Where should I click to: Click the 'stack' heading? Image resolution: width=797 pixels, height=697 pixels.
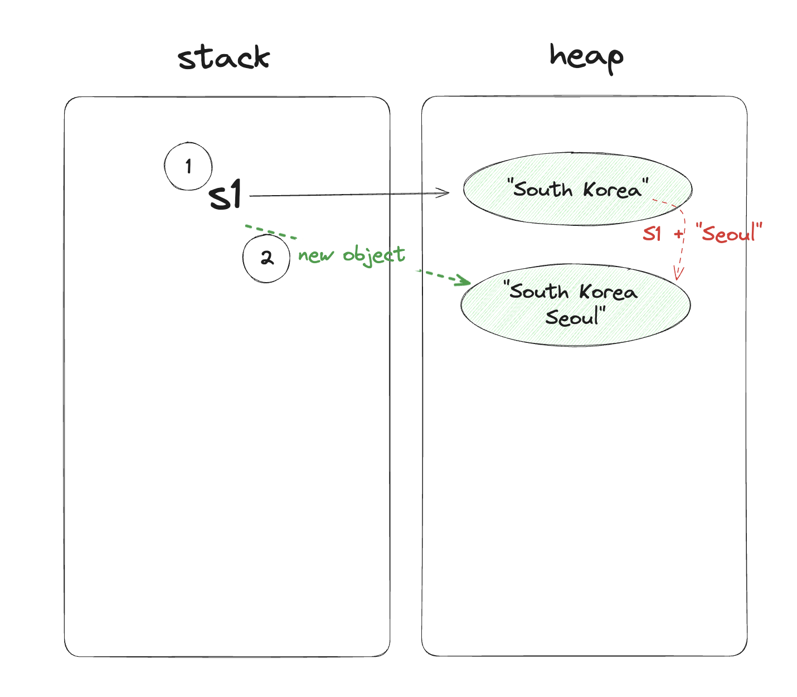pos(224,57)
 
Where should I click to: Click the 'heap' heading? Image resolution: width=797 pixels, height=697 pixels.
pos(586,57)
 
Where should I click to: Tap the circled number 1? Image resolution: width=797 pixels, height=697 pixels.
pos(188,166)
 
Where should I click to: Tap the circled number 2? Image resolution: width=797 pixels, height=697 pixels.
pos(266,258)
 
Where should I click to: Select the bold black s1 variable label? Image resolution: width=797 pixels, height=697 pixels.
pos(226,195)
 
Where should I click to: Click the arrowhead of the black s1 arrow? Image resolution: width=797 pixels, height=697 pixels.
pos(445,193)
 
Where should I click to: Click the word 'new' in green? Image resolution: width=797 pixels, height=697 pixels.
pos(315,256)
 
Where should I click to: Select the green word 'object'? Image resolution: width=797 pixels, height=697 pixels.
pos(373,255)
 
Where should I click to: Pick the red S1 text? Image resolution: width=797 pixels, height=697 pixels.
pos(652,233)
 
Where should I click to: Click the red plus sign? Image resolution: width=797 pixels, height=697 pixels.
pos(678,234)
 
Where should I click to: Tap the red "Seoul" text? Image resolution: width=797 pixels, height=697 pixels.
pos(729,233)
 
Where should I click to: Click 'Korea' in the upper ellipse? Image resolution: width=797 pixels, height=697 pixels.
pos(613,190)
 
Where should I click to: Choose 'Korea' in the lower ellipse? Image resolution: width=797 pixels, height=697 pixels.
pos(608,292)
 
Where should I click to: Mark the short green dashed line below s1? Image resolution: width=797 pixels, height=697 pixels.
pos(271,231)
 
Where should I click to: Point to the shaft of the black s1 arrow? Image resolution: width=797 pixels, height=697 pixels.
pos(346,195)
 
